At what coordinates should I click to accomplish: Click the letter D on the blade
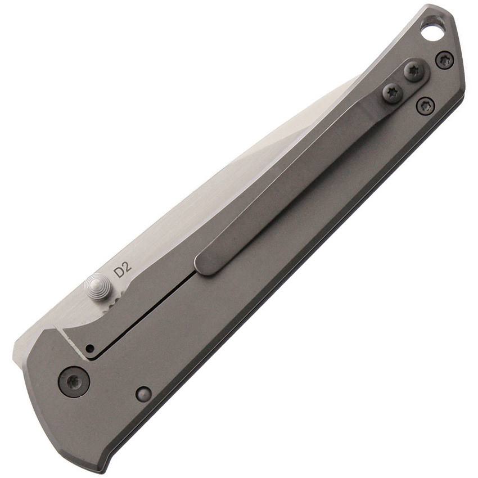tap(118, 271)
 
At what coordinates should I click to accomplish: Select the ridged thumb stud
tap(96, 287)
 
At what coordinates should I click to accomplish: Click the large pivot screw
tap(75, 382)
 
